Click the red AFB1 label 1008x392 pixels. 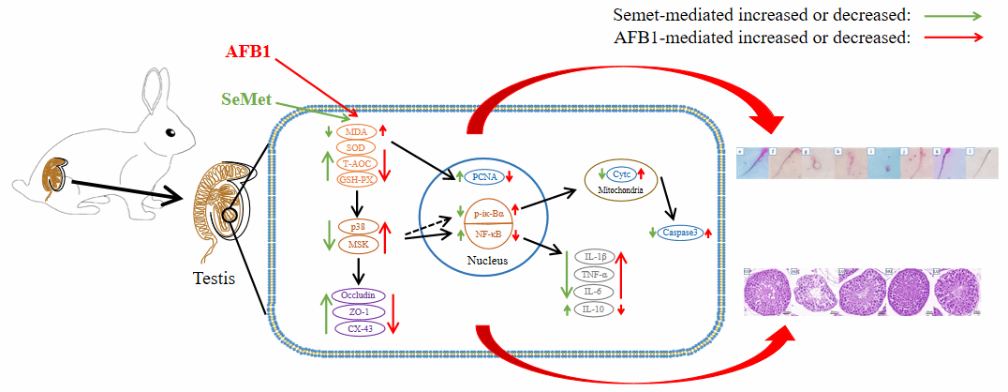[247, 52]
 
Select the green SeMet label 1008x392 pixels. [246, 98]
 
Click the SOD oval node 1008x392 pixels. [355, 147]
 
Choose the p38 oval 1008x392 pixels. [357, 227]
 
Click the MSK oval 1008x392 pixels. [357, 246]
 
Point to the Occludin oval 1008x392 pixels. [357, 295]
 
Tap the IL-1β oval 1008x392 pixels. [593, 256]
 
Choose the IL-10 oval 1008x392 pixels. [593, 308]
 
